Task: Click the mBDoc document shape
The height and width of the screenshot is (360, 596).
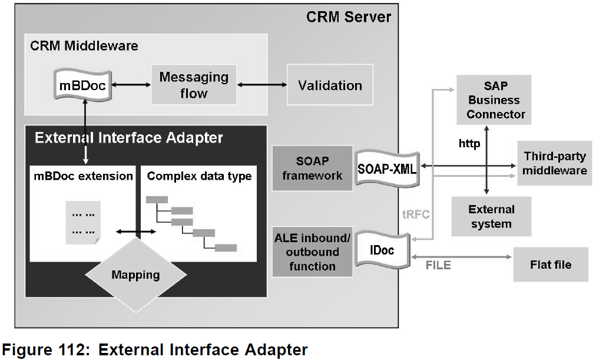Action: pos(83,85)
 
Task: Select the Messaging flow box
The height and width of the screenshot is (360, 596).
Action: pos(194,85)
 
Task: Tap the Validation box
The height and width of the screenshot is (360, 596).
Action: pos(330,85)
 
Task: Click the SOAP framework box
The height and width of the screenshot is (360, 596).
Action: pos(313,168)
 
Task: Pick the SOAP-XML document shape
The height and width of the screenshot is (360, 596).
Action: pos(387,169)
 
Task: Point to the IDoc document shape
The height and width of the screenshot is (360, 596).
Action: pos(382,250)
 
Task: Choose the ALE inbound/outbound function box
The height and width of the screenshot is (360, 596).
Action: pos(313,252)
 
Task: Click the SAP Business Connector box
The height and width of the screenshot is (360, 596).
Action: pos(494,100)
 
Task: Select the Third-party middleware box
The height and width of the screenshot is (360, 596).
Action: pos(555,163)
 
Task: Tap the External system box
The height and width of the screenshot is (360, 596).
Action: pos(492,216)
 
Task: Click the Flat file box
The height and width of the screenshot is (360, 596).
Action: pos(551,265)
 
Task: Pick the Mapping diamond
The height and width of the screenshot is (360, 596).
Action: pos(135,275)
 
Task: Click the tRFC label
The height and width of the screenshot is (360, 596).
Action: pos(416,214)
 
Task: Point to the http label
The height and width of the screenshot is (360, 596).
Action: pos(469,144)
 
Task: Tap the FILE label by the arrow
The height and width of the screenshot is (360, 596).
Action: pos(438,265)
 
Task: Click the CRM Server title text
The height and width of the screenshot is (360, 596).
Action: pos(349,17)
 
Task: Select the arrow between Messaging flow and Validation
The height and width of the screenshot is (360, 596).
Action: pos(262,85)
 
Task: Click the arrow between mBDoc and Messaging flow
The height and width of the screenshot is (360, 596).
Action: pos(131,85)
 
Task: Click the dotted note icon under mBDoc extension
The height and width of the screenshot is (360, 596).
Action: pos(83,223)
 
